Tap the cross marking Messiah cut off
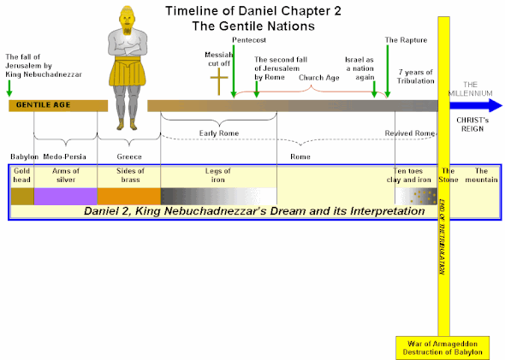[x=220, y=84]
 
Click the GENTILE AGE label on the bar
[x=35, y=105]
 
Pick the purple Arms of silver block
[x=65, y=196]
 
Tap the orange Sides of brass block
[x=129, y=196]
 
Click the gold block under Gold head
[x=22, y=196]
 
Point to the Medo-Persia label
[x=66, y=157]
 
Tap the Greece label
[x=129, y=157]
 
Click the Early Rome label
[x=218, y=134]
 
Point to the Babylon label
[x=24, y=157]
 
